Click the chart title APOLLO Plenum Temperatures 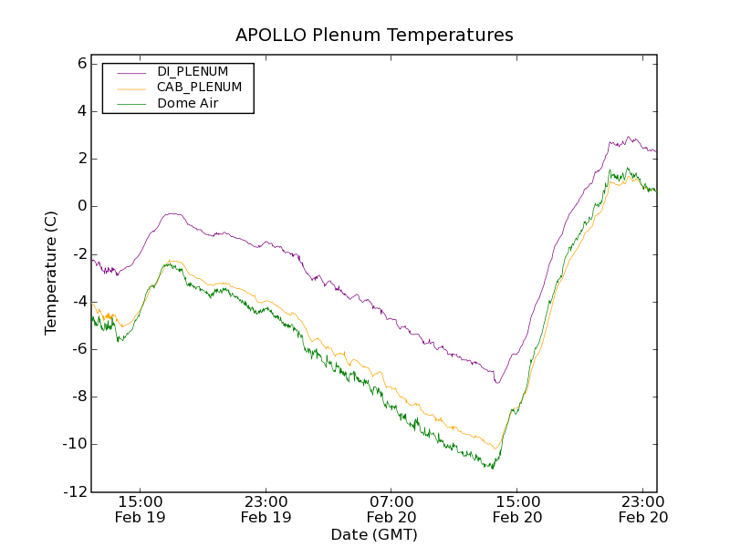click(374, 36)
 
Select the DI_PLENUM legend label click(193, 71)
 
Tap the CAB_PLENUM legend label click(199, 88)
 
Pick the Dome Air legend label click(188, 104)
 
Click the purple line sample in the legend click(131, 72)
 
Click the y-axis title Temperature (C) click(51, 273)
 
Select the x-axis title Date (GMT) click(374, 534)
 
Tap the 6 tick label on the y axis click(81, 64)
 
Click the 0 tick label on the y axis click(81, 206)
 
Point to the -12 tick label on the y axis click(76, 492)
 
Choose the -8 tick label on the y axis click(78, 397)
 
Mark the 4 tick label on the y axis click(81, 111)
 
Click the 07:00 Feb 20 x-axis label click(391, 509)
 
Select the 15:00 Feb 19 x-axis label click(141, 509)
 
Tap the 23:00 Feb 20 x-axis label click(643, 509)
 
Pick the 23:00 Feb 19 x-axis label click(266, 509)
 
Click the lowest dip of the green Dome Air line click(493, 469)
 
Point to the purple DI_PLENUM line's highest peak click(629, 138)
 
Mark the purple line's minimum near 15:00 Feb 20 click(497, 382)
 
